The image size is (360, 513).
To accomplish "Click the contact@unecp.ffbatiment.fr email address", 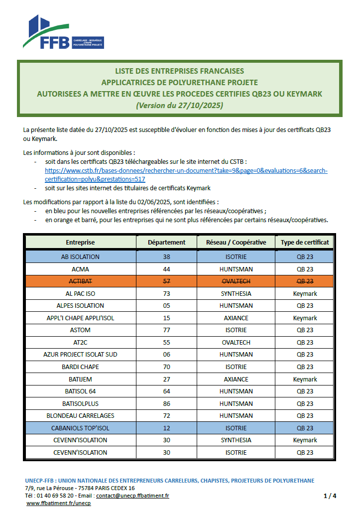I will pyautogui.click(x=132, y=496).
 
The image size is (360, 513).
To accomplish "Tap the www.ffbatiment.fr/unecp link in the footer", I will pyautogui.click(x=58, y=504).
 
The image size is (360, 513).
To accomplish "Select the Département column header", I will pyautogui.click(x=166, y=243).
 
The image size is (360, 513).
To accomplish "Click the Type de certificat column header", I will pyautogui.click(x=305, y=243).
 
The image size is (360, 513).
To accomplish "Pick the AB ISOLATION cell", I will pyautogui.click(x=80, y=257).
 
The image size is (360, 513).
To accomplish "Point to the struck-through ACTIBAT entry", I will pyautogui.click(x=80, y=281).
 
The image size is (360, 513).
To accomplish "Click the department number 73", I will pyautogui.click(x=166, y=294).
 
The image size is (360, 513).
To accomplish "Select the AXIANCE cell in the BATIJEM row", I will pyautogui.click(x=236, y=379).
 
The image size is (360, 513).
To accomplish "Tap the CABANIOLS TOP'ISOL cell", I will pyautogui.click(x=80, y=428).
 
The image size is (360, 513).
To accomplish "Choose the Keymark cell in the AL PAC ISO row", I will pyautogui.click(x=305, y=294).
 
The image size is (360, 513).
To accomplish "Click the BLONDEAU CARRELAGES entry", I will pyautogui.click(x=80, y=415).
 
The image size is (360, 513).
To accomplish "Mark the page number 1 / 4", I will pyautogui.click(x=330, y=496).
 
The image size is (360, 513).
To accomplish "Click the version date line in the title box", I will pyautogui.click(x=179, y=105).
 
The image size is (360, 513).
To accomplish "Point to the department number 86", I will pyautogui.click(x=166, y=403).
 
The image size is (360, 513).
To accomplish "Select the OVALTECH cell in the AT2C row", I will pyautogui.click(x=236, y=342).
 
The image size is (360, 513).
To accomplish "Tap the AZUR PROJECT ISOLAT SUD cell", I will pyautogui.click(x=80, y=355).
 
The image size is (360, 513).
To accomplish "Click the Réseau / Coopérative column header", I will pyautogui.click(x=236, y=243).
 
